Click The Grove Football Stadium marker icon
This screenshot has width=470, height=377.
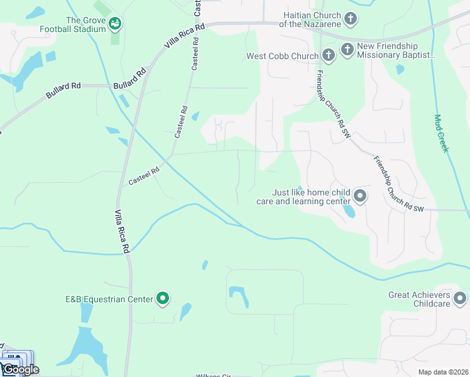tap(115, 24)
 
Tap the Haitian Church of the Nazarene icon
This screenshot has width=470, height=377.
tap(351, 19)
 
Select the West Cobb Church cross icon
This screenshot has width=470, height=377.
tap(329, 56)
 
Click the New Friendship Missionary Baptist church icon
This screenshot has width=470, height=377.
tap(347, 47)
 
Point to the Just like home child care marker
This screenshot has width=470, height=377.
tap(360, 197)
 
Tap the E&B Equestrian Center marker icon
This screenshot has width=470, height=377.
tap(163, 298)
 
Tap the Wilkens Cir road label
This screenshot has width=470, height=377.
tap(214, 375)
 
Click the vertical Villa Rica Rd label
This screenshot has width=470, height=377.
tap(122, 231)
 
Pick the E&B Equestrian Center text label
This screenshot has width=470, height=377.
tap(109, 299)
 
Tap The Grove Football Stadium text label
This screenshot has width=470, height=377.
tap(72, 24)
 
